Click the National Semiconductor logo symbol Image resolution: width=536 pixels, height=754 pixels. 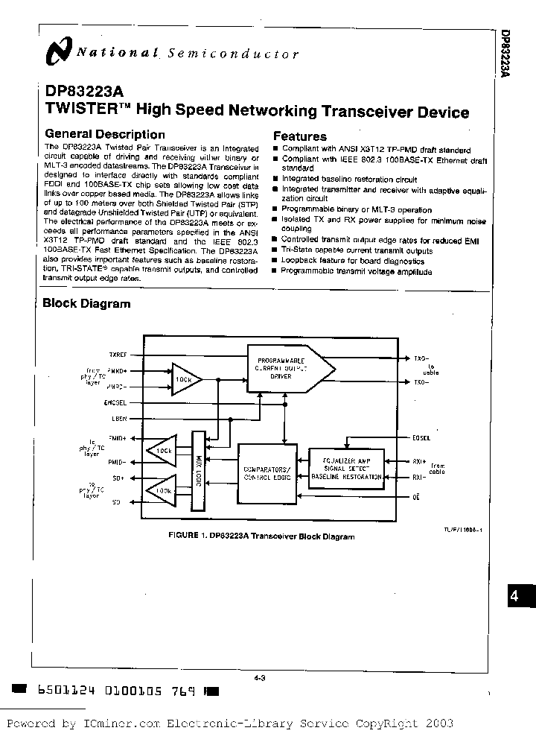57,51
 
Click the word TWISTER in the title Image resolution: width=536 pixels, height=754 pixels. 76,112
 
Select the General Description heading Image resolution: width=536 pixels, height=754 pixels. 105,135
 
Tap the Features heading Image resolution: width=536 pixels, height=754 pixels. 299,136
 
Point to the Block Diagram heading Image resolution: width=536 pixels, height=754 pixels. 86,303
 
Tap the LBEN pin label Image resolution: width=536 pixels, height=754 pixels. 119,419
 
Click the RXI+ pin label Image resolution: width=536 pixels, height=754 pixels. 419,460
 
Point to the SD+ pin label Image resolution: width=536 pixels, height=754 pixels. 118,477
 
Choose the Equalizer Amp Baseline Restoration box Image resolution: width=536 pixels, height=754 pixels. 345,469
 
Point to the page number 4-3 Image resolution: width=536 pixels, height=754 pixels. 261,678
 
